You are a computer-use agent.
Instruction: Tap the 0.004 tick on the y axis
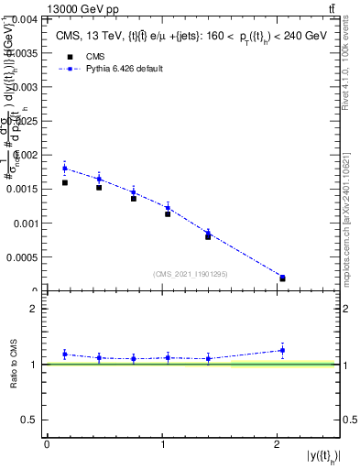click(25, 19)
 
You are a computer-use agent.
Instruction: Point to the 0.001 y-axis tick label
click(25, 224)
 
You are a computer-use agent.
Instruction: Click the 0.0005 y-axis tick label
click(22, 257)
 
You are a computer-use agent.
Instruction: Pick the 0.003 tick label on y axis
click(25, 87)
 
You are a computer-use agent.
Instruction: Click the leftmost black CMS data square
click(64, 182)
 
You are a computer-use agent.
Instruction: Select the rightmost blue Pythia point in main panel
click(282, 277)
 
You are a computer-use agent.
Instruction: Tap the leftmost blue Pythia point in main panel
click(64, 169)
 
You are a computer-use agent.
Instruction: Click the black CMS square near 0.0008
click(208, 236)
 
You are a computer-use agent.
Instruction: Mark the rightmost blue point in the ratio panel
click(282, 350)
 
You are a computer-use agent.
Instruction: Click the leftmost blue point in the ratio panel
click(64, 354)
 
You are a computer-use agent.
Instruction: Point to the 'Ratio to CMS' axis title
click(15, 365)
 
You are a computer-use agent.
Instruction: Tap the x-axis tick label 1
click(162, 444)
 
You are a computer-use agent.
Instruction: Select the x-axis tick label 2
click(278, 444)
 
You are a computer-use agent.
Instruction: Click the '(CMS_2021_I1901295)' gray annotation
click(191, 274)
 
